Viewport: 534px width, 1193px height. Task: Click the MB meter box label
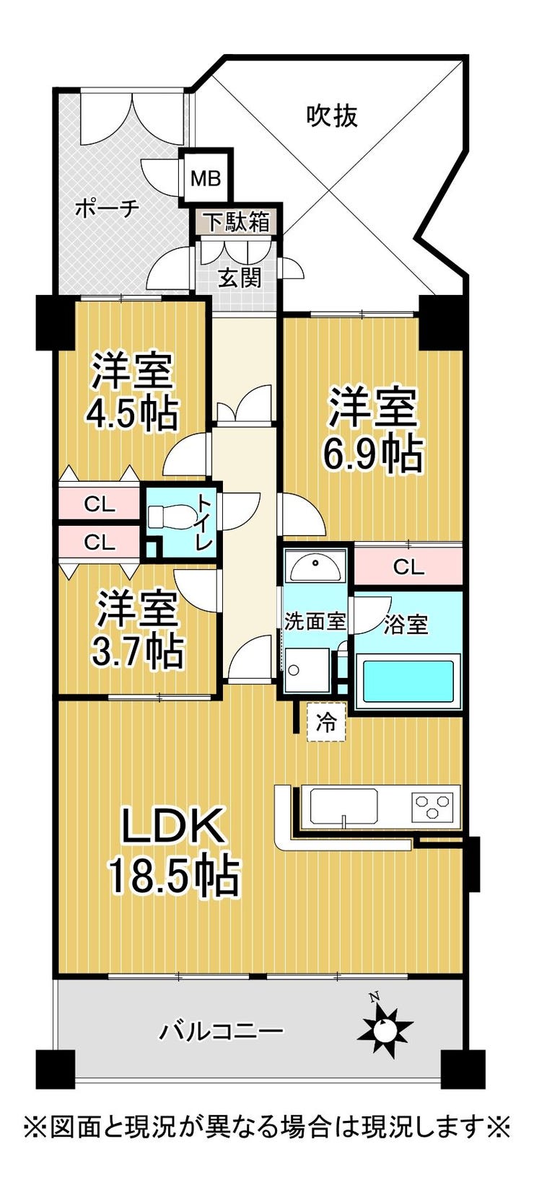(x=206, y=179)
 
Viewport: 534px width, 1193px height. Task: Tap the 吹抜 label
(x=332, y=115)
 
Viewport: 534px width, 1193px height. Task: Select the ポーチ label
(x=107, y=208)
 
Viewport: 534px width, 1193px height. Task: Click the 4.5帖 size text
(x=131, y=413)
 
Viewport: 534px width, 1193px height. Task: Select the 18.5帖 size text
(x=174, y=876)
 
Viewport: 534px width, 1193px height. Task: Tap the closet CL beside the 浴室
(x=408, y=567)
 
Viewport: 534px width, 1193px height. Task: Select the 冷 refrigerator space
(x=326, y=723)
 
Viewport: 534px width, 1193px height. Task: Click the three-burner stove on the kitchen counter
(x=432, y=806)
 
